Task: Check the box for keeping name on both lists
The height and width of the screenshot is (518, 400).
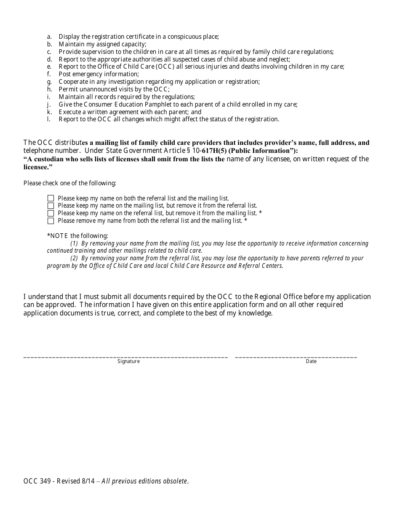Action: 51,198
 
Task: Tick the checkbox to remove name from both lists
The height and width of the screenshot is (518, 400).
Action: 51,221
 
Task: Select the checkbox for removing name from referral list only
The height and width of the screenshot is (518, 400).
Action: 51,206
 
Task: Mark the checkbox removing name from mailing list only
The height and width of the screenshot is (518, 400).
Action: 51,213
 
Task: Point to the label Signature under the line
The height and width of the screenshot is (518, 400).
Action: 128,361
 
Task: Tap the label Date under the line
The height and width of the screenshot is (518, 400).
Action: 311,361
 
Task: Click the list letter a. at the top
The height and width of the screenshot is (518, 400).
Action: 49,37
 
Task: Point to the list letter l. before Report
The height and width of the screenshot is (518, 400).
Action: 49,119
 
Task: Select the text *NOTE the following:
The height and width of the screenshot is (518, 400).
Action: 77,236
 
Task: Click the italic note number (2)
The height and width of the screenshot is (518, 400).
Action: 74,258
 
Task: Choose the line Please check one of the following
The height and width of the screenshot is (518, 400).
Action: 70,183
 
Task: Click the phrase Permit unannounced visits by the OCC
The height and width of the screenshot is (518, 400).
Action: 114,89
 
